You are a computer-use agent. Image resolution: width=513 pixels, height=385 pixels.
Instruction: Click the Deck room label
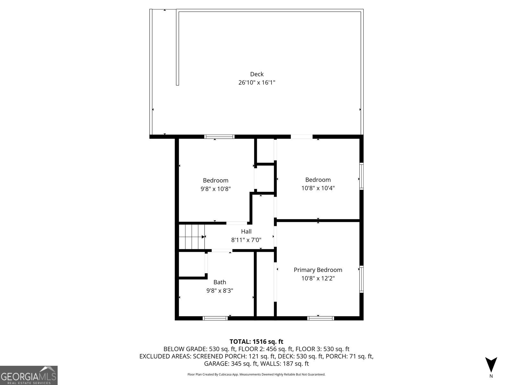coord(257,74)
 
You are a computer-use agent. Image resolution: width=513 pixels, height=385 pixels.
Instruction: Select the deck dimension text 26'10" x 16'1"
coord(257,82)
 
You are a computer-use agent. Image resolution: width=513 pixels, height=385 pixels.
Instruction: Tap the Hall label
coord(246,231)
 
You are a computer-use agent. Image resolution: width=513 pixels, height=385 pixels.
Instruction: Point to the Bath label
coord(220,282)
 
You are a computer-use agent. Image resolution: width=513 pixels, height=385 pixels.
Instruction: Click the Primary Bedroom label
coord(318,270)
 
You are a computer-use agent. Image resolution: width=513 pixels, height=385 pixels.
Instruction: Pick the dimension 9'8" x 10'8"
coord(215,189)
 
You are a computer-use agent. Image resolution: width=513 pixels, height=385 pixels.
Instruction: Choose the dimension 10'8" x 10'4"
coord(318,188)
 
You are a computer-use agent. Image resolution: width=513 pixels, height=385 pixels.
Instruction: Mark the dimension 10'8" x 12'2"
coord(318,278)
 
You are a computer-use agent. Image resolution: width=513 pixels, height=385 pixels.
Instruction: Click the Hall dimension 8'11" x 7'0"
coord(246,240)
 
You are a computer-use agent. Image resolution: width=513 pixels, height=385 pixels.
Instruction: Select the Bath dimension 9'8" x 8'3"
coord(220,291)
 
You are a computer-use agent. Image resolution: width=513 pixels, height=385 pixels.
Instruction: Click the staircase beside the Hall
coord(192,237)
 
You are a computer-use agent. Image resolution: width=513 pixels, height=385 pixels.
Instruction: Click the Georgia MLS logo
coord(29,375)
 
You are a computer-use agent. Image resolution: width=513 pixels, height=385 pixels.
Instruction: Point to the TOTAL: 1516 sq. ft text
coord(256,342)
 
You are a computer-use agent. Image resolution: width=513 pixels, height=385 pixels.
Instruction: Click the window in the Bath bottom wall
coord(215,318)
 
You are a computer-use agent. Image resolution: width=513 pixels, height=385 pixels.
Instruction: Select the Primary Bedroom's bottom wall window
coord(321,318)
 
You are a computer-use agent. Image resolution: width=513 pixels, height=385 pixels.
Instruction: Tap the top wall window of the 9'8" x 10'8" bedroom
coord(220,137)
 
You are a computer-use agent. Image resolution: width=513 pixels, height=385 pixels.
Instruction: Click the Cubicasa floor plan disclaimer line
coord(256,374)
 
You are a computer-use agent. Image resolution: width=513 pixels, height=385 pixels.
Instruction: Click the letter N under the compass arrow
coord(491,376)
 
